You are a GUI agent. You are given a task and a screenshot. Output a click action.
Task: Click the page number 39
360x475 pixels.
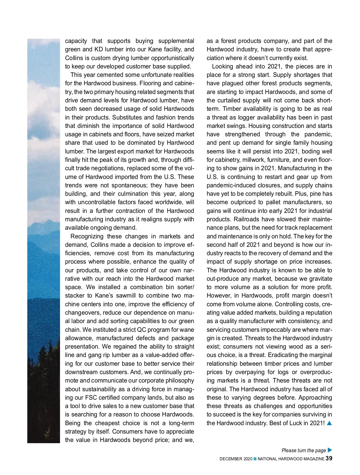click(329, 458)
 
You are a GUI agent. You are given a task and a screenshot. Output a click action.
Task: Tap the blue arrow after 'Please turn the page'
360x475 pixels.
click(330, 450)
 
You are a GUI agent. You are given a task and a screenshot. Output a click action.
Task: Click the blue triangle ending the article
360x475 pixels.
click(329, 423)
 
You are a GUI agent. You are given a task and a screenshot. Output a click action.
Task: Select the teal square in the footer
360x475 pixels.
click(255, 459)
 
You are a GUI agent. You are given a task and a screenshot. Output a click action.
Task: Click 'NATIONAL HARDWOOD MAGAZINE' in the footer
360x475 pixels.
click(291, 459)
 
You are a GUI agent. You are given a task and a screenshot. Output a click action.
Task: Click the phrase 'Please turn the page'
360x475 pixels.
click(304, 450)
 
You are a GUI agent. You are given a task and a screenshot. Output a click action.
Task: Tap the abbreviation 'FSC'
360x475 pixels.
click(91, 398)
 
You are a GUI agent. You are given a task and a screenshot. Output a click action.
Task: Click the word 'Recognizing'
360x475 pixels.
click(87, 236)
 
